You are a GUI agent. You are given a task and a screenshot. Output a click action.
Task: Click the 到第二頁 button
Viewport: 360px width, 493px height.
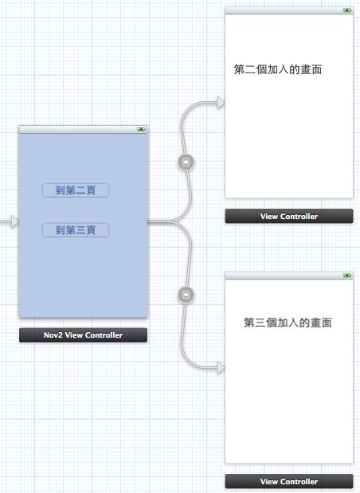(x=76, y=190)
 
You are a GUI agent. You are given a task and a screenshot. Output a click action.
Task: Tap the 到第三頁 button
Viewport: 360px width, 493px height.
(x=76, y=230)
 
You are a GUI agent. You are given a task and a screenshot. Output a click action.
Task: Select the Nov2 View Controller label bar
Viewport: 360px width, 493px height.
(x=83, y=335)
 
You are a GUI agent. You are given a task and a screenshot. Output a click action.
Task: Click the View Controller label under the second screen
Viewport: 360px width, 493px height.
(x=289, y=217)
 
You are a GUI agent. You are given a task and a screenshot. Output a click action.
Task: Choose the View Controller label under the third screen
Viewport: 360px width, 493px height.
(x=289, y=481)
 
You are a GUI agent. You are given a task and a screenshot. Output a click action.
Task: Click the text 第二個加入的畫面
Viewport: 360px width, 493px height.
(x=278, y=69)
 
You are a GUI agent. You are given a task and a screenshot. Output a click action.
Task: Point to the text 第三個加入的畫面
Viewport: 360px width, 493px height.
(x=288, y=323)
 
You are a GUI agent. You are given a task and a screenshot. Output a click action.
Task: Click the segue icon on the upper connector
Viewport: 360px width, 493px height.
(x=186, y=162)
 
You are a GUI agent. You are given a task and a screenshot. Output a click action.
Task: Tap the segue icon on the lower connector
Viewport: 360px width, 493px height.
(x=186, y=295)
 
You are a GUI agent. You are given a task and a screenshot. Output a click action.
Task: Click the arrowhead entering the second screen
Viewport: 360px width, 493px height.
(x=221, y=102)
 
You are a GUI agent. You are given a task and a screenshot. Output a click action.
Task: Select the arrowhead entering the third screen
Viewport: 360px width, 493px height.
(x=221, y=367)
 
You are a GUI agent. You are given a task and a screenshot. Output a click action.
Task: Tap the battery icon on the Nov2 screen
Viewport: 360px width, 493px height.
(x=141, y=129)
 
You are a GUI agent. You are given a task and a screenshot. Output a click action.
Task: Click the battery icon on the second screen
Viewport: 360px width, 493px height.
(x=347, y=10)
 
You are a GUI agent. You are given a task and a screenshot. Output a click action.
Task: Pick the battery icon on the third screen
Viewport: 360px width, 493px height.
(x=347, y=276)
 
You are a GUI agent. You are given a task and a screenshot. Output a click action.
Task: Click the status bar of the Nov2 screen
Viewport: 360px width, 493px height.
(x=83, y=129)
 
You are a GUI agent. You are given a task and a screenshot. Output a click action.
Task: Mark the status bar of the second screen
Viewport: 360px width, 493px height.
(x=289, y=10)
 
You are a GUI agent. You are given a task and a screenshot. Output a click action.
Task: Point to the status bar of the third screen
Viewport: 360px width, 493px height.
(x=289, y=276)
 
